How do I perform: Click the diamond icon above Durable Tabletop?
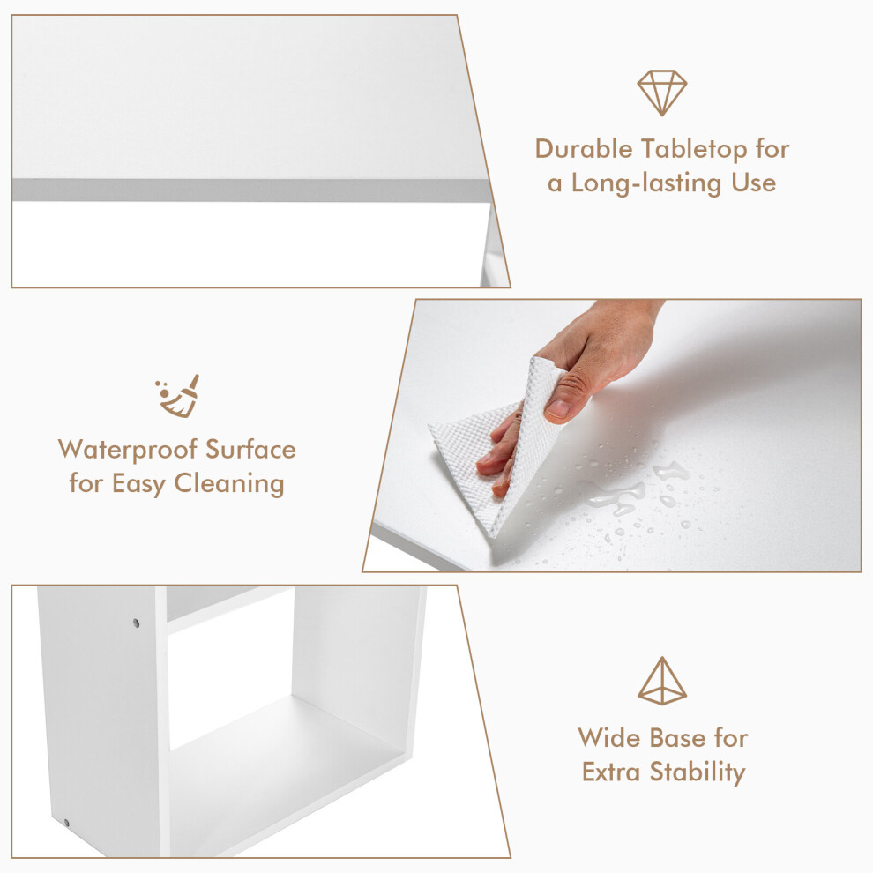[x=662, y=93]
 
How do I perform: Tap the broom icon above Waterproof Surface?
[x=177, y=396]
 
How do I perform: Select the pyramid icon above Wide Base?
[x=662, y=681]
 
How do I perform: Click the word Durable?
[x=584, y=149]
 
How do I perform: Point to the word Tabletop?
[x=694, y=150]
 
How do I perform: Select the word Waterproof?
[x=128, y=451]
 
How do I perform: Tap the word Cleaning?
[x=229, y=484]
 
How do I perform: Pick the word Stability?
[x=698, y=772]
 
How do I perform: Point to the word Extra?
[x=611, y=772]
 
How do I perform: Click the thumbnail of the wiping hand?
[x=611, y=436]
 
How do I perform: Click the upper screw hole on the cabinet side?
[x=137, y=623]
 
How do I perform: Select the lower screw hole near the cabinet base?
[x=66, y=823]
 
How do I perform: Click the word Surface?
[x=250, y=450]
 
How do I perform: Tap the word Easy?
[x=139, y=484]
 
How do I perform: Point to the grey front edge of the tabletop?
[x=250, y=190]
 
